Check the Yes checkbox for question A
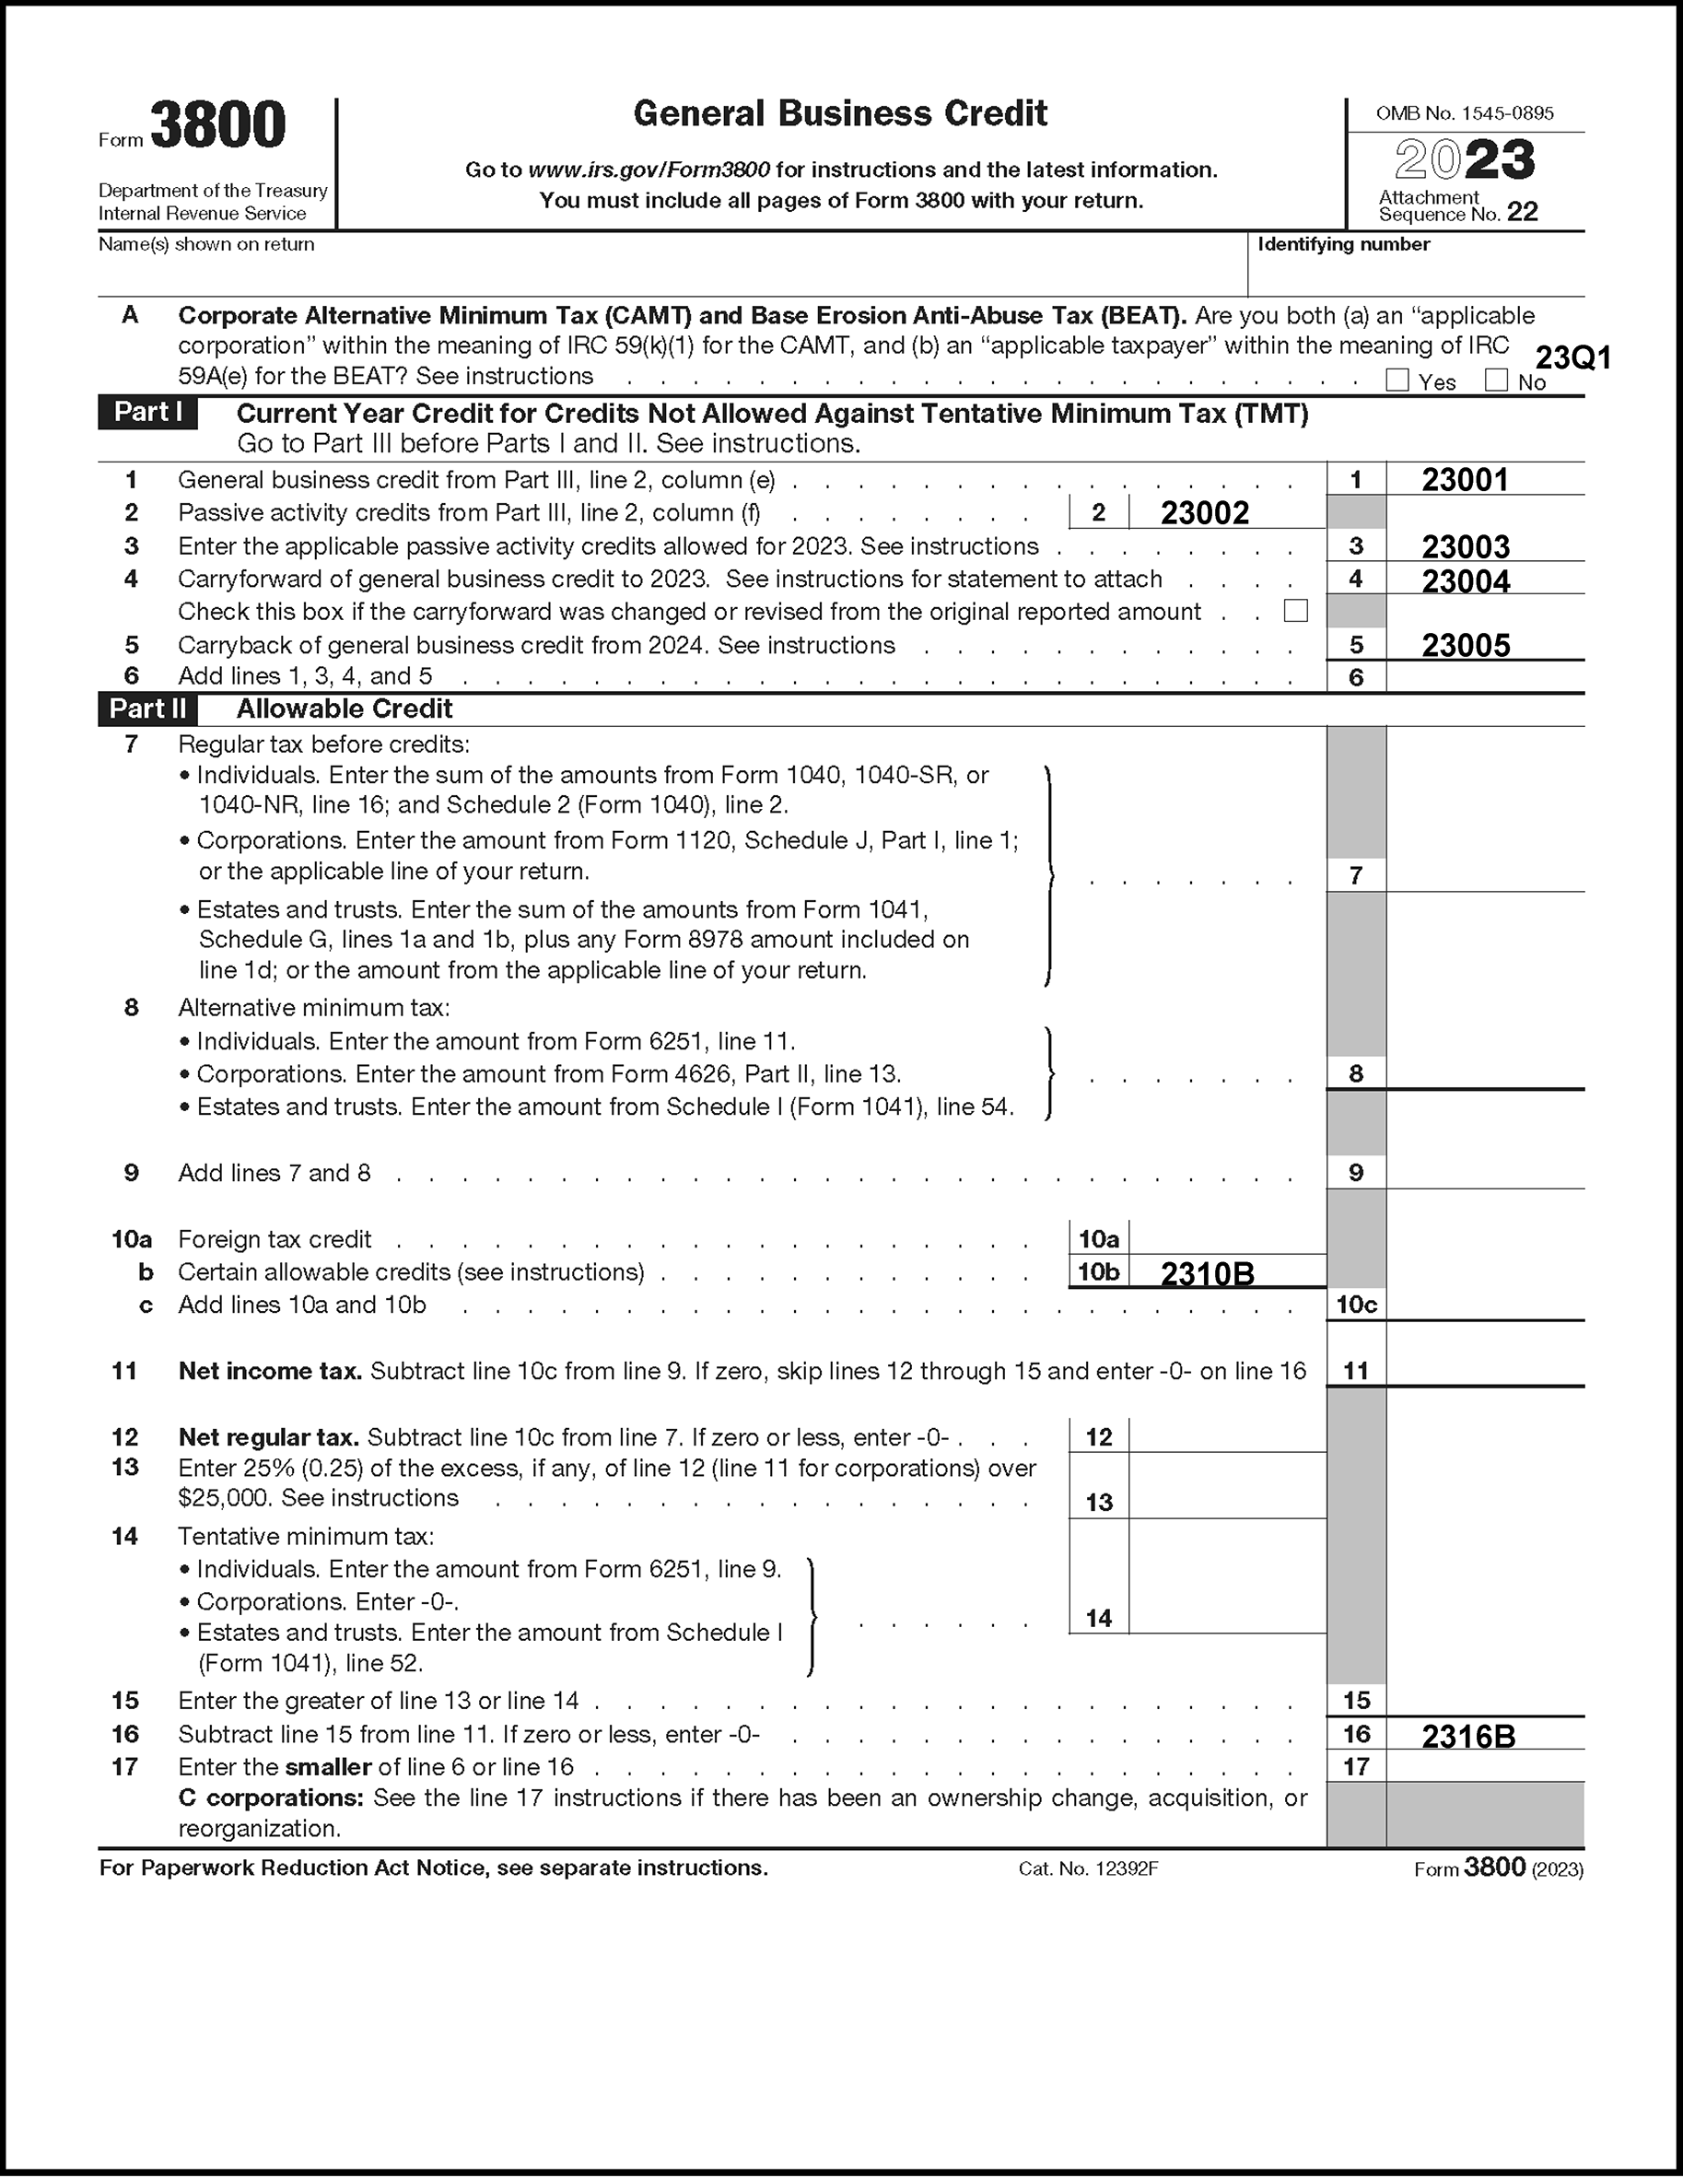[x=1397, y=380]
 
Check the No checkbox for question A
[x=1496, y=380]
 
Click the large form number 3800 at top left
[x=217, y=126]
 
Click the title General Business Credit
[x=839, y=113]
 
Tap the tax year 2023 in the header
[x=1464, y=159]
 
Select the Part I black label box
[x=147, y=413]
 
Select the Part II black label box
[x=147, y=709]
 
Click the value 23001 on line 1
[x=1465, y=480]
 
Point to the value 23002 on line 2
[x=1204, y=512]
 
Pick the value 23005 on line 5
[x=1466, y=645]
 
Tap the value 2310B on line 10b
[x=1208, y=1273]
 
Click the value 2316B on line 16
[x=1468, y=1736]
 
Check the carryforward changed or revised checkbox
[x=1295, y=610]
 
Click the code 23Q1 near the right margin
[x=1573, y=358]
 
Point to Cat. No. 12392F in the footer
[x=1088, y=1868]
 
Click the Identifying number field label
[x=1343, y=244]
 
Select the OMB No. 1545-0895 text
[x=1464, y=113]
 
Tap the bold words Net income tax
[x=269, y=1371]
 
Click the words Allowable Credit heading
[x=344, y=709]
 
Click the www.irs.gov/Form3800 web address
[x=649, y=170]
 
